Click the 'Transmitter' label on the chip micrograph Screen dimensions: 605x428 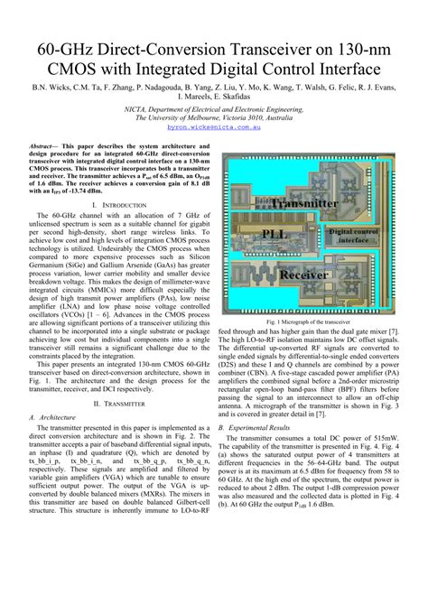[x=304, y=204]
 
